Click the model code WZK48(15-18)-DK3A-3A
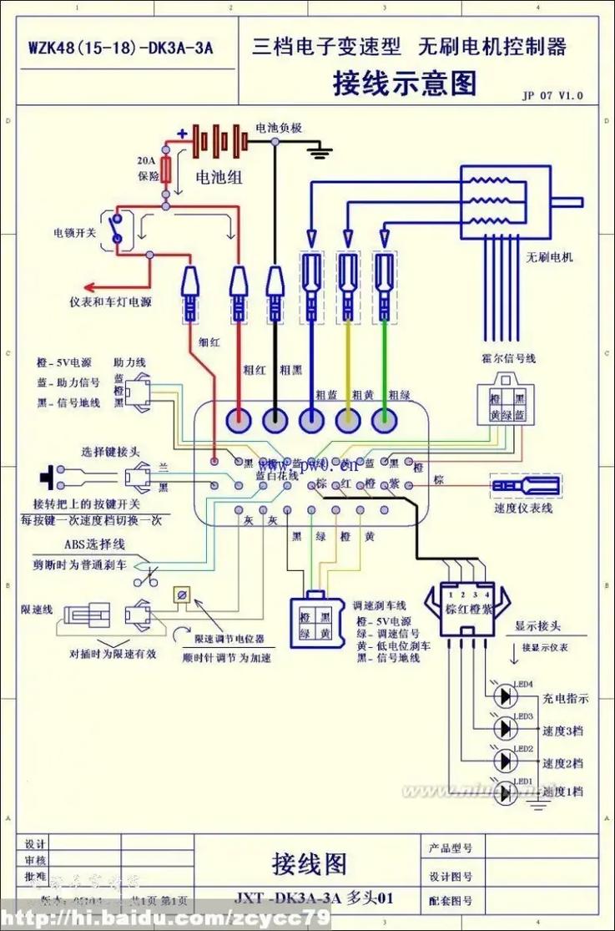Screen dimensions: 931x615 [x=120, y=48]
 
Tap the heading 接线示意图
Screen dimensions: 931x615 [x=405, y=83]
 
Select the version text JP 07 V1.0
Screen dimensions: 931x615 [x=552, y=96]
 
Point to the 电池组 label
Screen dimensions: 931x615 [x=219, y=177]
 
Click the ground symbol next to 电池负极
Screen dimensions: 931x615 [x=320, y=150]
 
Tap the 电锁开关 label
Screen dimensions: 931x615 [x=75, y=232]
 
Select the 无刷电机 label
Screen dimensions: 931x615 [x=549, y=256]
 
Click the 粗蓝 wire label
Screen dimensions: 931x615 [x=325, y=394]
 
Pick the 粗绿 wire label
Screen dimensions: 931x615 [x=398, y=394]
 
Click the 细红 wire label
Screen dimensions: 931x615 [x=209, y=341]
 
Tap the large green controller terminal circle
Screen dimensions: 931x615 [x=385, y=421]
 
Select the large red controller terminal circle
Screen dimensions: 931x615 [x=239, y=421]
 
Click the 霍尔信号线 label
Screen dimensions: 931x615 [x=508, y=358]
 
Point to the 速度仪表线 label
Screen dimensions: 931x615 [x=523, y=508]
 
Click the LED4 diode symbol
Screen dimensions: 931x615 [x=505, y=696]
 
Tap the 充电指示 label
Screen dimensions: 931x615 [x=565, y=698]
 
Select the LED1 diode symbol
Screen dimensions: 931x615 [x=505, y=792]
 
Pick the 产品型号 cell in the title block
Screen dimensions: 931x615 [x=451, y=848]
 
